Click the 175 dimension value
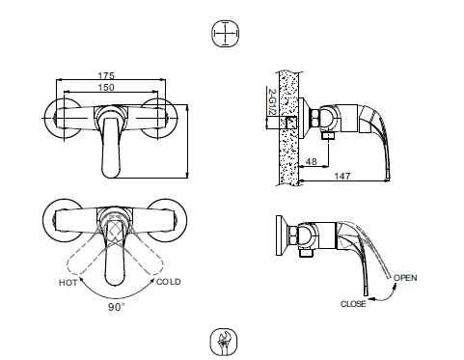107,76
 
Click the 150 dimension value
107,88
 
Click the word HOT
68,282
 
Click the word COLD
169,282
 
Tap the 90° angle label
117,307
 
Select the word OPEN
405,278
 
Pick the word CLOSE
354,304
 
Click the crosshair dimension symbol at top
223,35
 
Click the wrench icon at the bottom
223,342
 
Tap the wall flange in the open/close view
281,236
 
